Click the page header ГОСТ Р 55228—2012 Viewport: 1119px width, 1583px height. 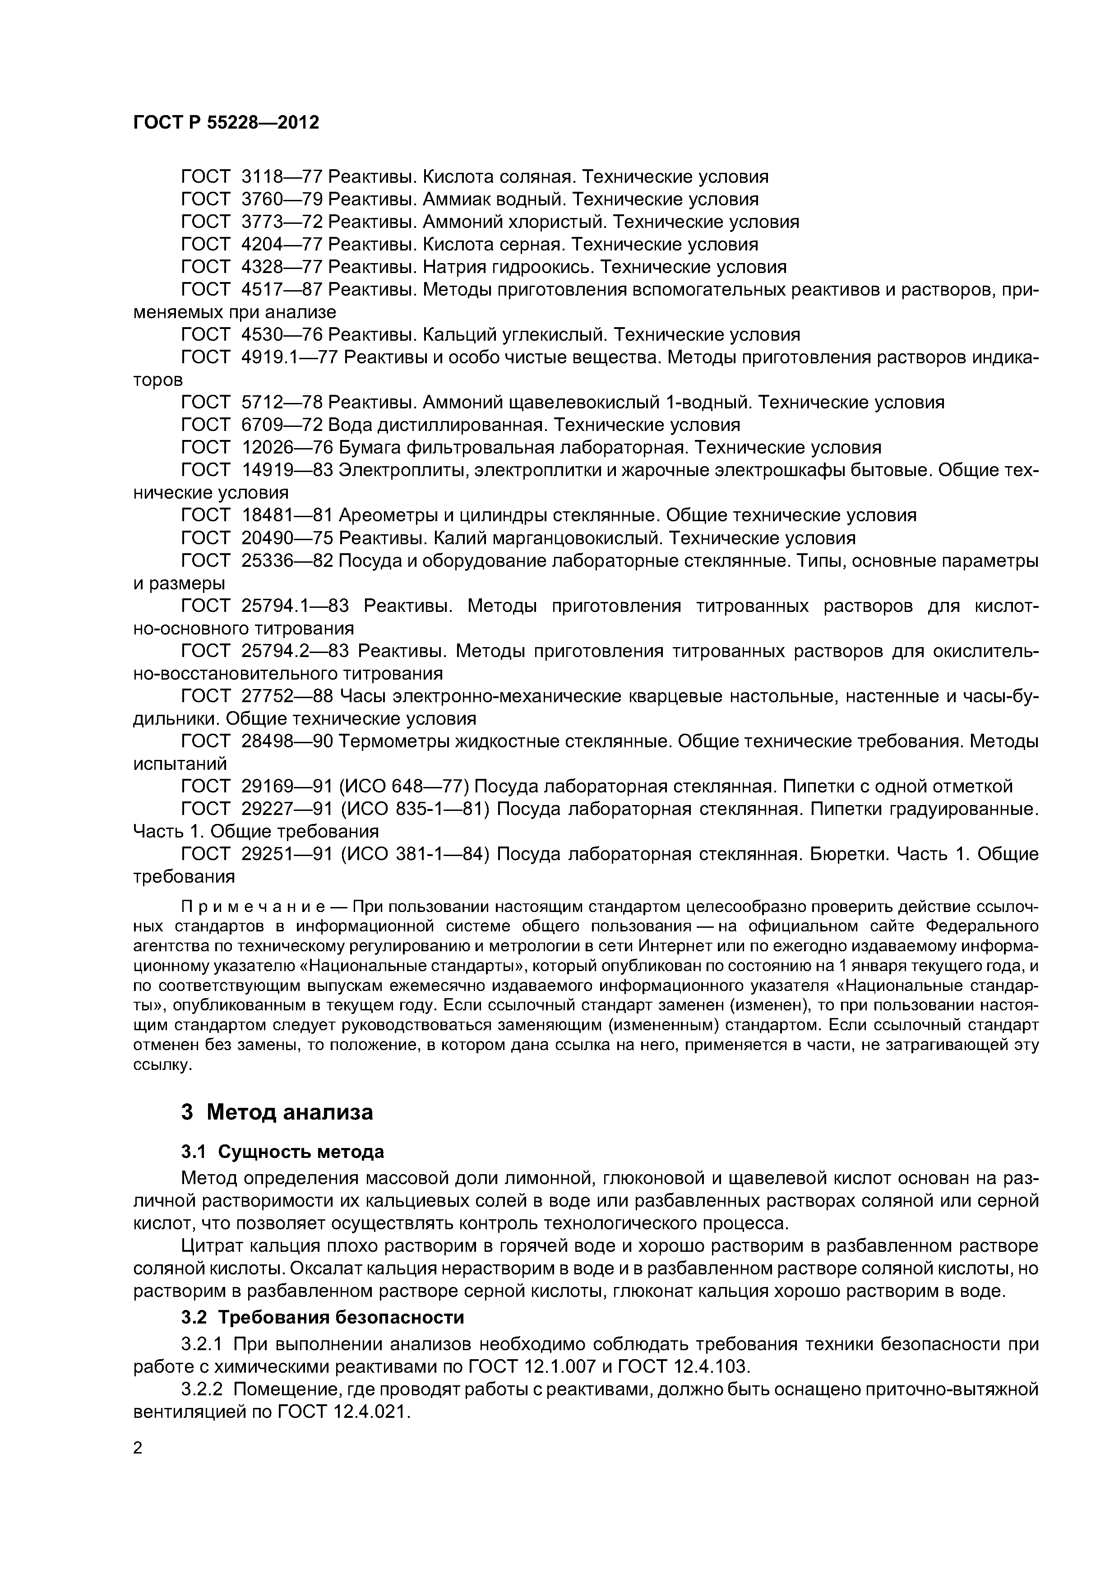point(226,123)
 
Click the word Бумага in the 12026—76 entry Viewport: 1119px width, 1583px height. point(370,448)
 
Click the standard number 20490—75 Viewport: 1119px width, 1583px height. point(287,538)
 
